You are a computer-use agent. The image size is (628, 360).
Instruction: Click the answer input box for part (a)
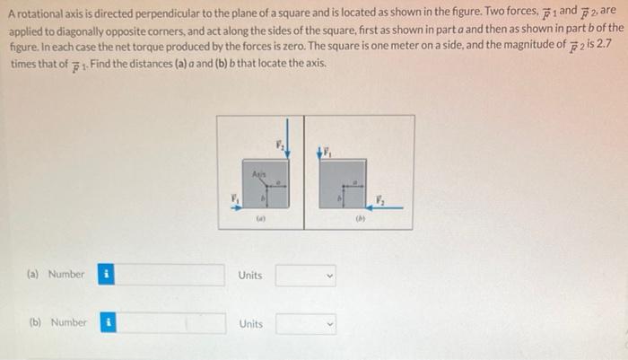click(x=170, y=274)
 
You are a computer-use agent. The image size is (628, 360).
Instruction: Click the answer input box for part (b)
click(x=170, y=322)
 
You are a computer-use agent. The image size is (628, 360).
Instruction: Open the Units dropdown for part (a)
click(x=305, y=275)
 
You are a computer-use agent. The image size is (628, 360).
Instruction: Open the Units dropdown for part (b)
click(x=305, y=323)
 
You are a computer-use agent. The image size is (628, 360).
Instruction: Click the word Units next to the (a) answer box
click(x=250, y=275)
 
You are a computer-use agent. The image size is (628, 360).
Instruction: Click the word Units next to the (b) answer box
click(x=250, y=323)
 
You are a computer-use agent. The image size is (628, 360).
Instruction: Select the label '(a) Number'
click(x=57, y=274)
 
